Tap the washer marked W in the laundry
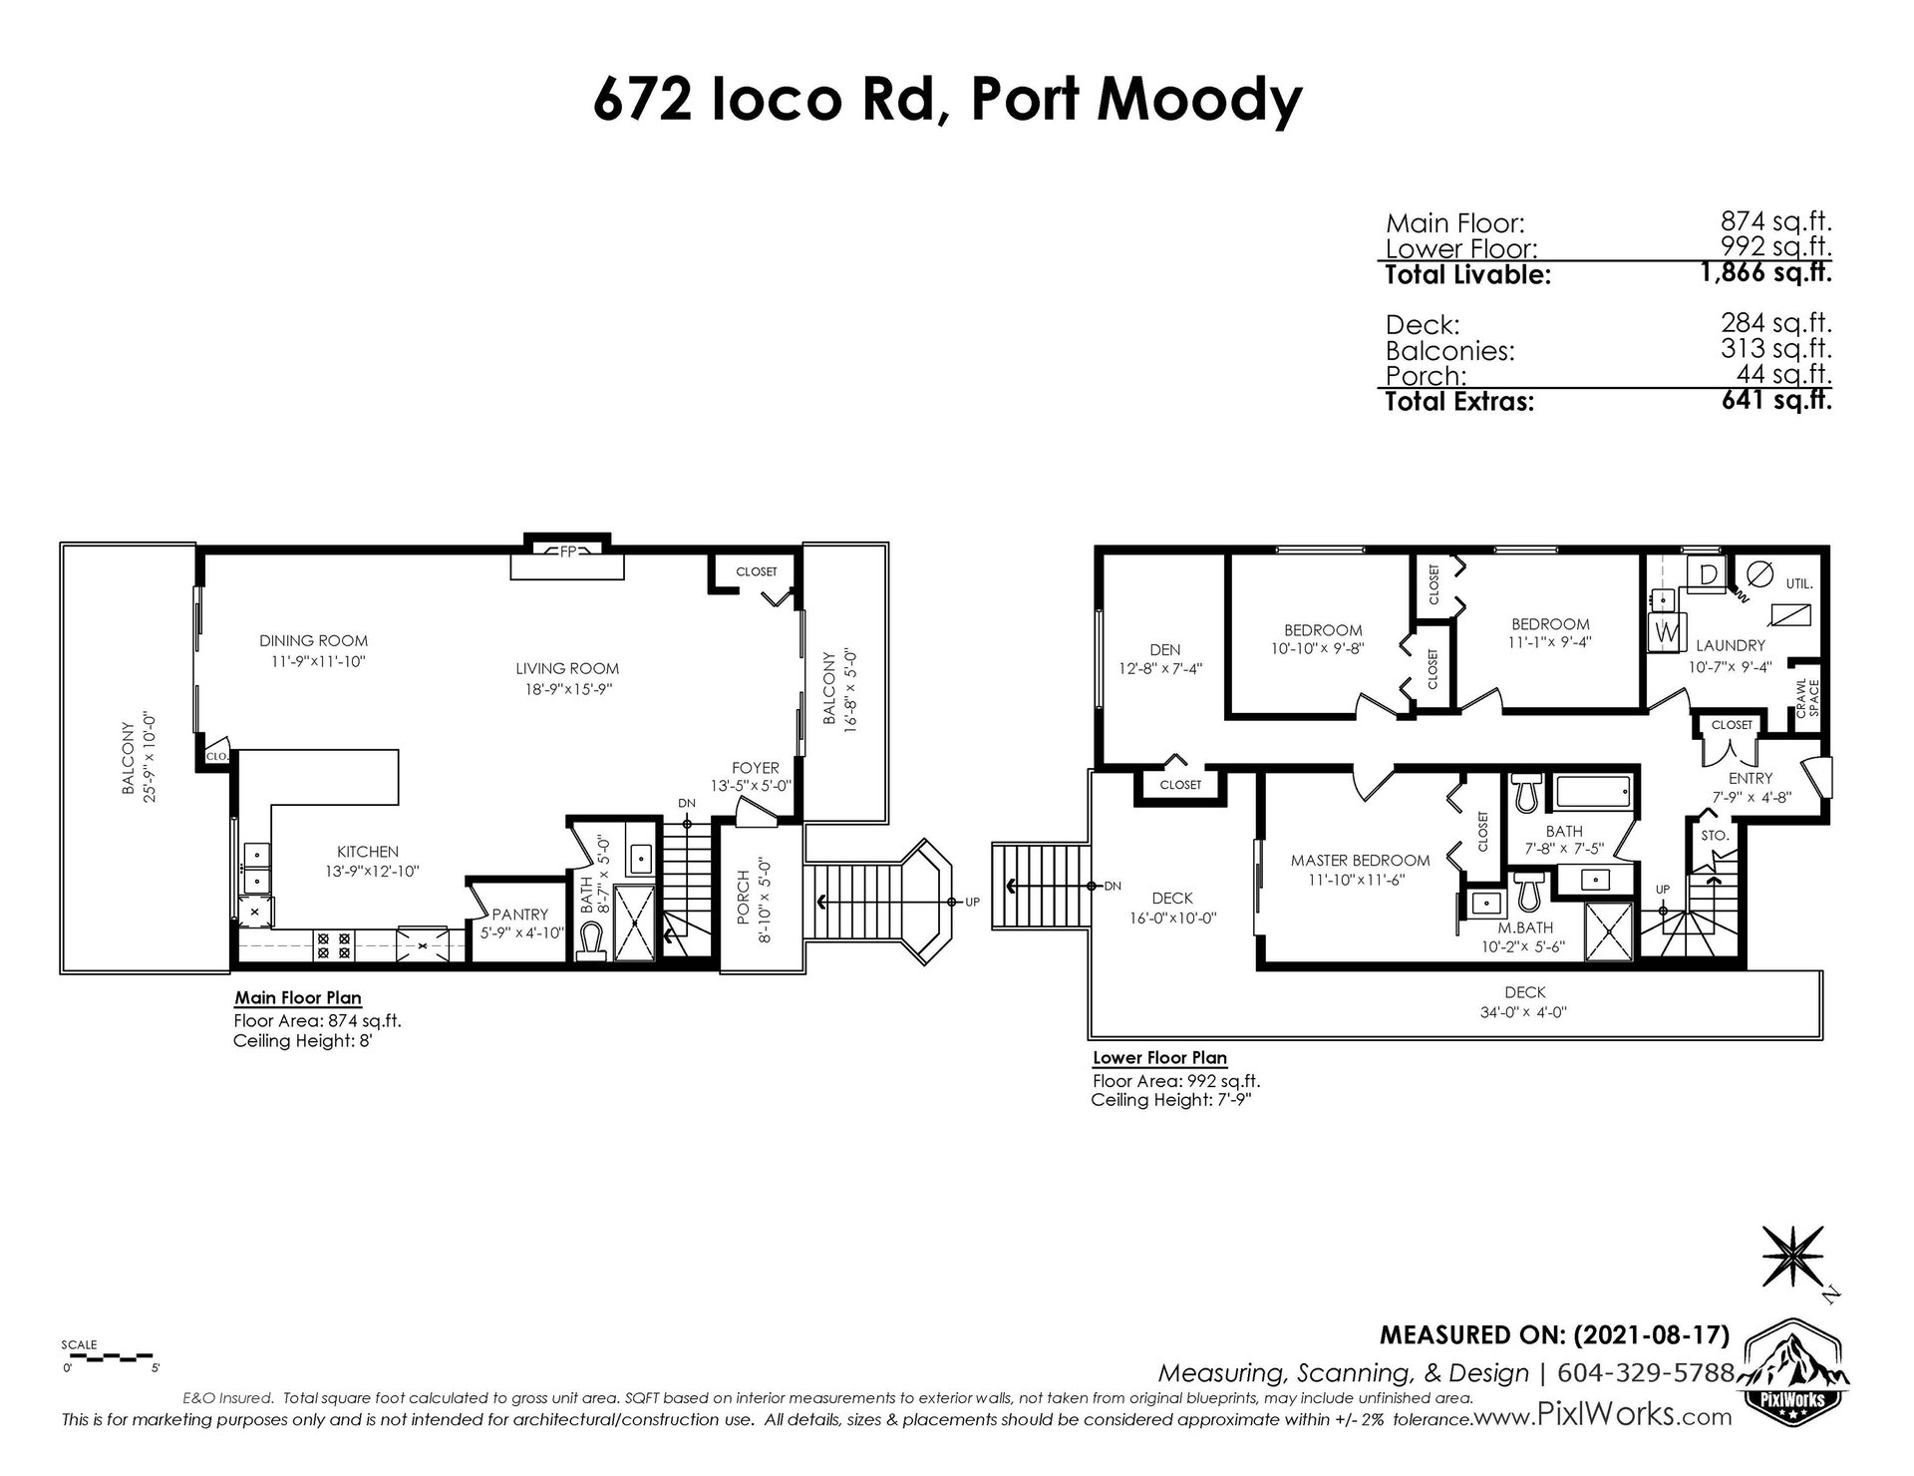point(1664,631)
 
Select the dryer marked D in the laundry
point(1708,573)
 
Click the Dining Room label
point(314,640)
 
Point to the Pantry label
point(519,914)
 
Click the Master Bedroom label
point(1360,860)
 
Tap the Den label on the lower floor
point(1164,650)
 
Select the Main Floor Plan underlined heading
point(297,997)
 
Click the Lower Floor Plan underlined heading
point(1159,1057)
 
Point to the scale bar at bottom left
point(110,1355)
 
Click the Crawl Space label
point(1806,697)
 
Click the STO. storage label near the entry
point(1715,835)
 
